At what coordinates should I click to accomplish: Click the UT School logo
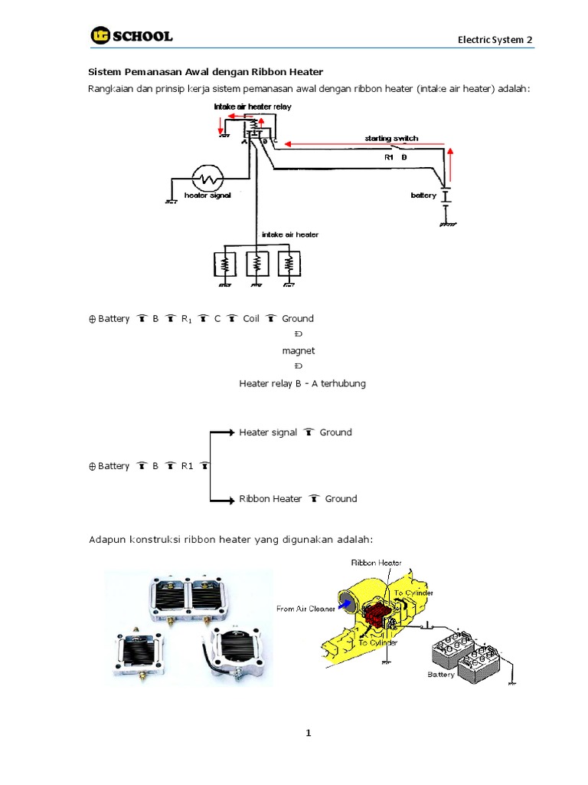131,35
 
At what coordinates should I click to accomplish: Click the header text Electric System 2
495,39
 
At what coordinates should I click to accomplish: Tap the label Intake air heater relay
252,107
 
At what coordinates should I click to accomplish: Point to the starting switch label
391,138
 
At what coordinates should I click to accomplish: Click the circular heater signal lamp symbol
207,179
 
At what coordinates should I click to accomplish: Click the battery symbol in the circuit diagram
446,197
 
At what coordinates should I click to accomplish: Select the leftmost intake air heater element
225,265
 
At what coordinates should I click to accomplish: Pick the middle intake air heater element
256,265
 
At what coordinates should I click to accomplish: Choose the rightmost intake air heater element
288,265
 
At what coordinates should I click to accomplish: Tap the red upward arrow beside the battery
451,162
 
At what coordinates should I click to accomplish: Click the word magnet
298,350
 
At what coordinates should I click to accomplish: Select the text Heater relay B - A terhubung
302,383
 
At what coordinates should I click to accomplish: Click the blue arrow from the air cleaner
346,604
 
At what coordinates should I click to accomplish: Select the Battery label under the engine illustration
440,675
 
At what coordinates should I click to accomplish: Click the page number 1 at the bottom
309,733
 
